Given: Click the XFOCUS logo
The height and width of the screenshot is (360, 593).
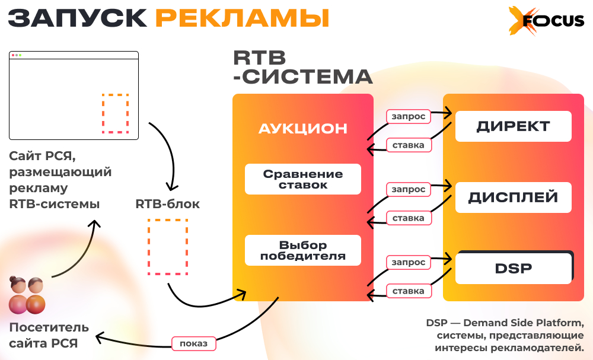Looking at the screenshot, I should click(545, 21).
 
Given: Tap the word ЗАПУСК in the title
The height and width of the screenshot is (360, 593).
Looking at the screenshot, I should click(78, 18).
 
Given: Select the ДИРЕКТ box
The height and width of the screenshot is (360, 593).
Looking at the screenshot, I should click(513, 126).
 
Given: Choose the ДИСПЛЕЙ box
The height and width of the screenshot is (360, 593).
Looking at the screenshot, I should click(513, 197).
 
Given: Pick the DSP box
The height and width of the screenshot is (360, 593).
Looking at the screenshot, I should click(513, 268).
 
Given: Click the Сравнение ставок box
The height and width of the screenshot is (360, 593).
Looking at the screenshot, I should click(303, 179).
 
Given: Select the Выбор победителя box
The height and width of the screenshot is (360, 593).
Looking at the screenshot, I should click(303, 250).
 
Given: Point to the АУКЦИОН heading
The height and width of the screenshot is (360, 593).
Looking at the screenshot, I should click(303, 128).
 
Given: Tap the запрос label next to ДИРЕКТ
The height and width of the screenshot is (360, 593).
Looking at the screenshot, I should click(409, 116).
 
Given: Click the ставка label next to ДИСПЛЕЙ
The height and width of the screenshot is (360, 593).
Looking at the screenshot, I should click(408, 218).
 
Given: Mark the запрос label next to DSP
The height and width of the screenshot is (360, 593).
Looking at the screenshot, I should click(409, 262).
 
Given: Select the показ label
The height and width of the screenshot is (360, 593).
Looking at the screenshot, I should click(193, 343).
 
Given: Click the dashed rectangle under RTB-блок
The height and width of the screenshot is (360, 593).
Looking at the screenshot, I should click(168, 247).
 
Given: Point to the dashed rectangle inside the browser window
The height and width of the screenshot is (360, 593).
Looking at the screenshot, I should click(115, 113).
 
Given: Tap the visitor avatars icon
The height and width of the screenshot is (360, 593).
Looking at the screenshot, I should click(27, 295).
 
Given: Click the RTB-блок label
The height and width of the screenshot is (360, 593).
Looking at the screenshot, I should click(168, 204).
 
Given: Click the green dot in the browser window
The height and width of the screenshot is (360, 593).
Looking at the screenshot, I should click(20, 55).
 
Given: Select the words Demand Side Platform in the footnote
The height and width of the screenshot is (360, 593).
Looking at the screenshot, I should click(524, 323).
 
